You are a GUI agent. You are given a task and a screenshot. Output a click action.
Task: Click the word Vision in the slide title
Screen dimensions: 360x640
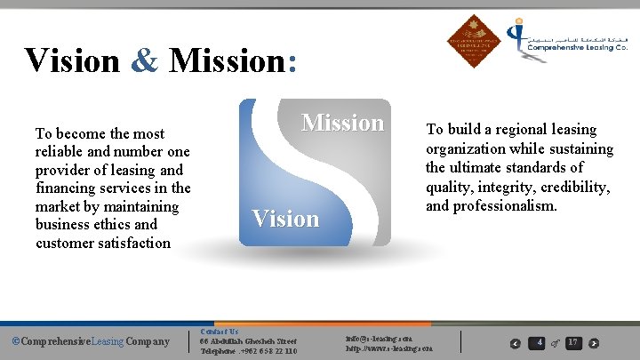[x=71, y=60]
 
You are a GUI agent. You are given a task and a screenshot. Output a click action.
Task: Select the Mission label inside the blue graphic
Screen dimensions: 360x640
[x=342, y=123]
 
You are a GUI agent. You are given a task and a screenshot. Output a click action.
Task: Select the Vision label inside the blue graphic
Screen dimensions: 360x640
[x=285, y=219]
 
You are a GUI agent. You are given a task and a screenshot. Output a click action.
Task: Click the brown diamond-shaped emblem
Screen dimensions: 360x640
[x=474, y=41]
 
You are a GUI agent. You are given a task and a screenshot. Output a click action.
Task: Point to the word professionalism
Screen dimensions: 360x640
[x=504, y=205]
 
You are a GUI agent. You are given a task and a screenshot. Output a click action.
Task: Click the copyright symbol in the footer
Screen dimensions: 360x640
[x=14, y=341]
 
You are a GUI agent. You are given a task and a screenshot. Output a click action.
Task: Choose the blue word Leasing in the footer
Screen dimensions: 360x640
[x=98, y=341]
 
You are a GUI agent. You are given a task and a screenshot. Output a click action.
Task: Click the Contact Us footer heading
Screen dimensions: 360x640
[x=220, y=331]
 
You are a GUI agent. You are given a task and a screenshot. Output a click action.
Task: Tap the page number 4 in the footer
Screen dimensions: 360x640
[x=540, y=342]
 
